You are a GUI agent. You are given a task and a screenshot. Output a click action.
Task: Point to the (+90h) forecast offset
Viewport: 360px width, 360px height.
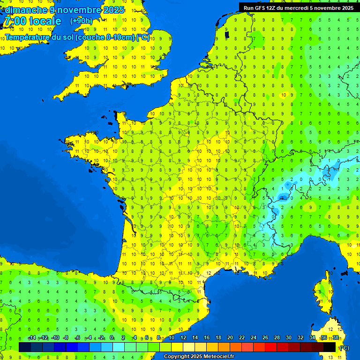[81, 21]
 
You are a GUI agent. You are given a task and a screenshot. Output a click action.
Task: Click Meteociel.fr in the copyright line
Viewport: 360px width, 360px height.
[217, 357]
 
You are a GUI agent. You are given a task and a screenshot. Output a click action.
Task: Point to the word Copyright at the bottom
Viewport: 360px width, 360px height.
[176, 357]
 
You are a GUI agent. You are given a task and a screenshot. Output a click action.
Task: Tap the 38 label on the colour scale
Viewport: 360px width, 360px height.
[336, 338]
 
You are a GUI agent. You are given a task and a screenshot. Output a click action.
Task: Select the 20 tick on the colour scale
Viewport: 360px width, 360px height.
[230, 338]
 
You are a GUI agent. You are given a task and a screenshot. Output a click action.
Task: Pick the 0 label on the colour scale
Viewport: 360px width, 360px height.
[112, 338]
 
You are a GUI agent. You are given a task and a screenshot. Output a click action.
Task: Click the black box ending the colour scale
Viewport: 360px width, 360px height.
[330, 347]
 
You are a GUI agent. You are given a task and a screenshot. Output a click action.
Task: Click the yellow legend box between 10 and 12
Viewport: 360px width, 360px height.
[177, 347]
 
